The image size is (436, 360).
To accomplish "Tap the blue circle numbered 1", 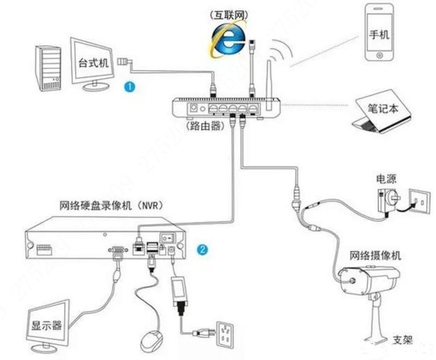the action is click(x=129, y=87).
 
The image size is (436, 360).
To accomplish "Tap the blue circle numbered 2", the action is click(x=202, y=250).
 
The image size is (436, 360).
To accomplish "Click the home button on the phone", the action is click(x=379, y=55).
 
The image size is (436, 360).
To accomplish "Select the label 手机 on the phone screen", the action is click(x=379, y=35).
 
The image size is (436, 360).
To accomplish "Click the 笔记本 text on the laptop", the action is click(x=383, y=108).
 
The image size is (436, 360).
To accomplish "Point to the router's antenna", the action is click(x=269, y=85).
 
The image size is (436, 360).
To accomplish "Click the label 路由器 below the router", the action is click(x=205, y=126).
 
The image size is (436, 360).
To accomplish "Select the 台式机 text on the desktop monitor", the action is click(x=93, y=63).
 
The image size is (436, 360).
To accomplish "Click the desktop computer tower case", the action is click(x=48, y=68).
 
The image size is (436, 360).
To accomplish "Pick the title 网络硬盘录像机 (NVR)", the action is click(x=111, y=206).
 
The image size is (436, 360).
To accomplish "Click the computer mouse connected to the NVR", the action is click(x=151, y=341).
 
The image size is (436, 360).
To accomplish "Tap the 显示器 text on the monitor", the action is click(x=46, y=325).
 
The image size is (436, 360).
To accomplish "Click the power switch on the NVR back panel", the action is click(x=168, y=238).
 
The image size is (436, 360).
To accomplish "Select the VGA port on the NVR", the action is click(x=118, y=250).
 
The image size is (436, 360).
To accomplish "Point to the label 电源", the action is click(x=386, y=179).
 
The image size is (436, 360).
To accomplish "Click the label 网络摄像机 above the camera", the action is click(x=375, y=256).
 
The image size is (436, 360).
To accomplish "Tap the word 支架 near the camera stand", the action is click(x=403, y=340).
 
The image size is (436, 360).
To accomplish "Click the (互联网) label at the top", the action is click(x=229, y=15).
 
